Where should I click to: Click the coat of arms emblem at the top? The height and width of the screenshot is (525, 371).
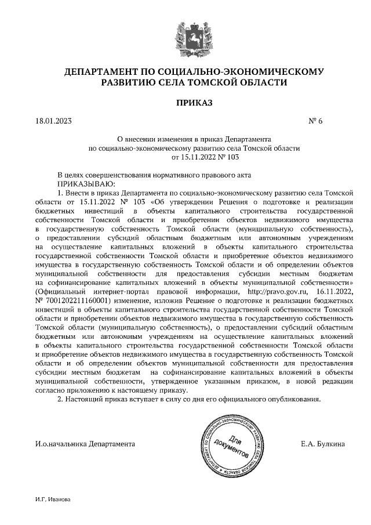coord(185,35)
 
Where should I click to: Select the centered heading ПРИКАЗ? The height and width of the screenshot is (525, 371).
coord(185,103)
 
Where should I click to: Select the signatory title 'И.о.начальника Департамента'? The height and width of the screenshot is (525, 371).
coord(85,444)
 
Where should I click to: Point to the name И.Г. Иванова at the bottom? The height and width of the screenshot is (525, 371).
coord(53,499)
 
